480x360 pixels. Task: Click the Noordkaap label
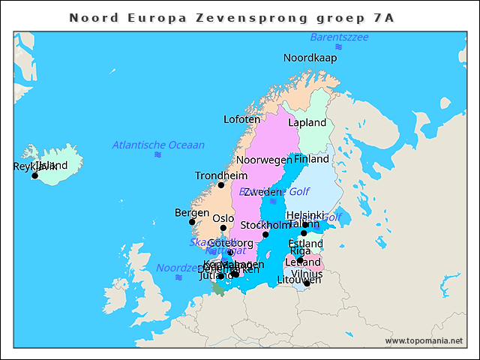click(310, 58)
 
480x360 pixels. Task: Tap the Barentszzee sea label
click(339, 37)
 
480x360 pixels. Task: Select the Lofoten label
click(242, 119)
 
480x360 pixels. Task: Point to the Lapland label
click(307, 122)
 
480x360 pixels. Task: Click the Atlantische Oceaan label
click(158, 145)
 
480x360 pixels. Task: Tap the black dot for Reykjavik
click(34, 176)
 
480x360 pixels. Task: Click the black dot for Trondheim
click(220, 185)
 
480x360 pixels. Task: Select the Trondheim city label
click(216, 175)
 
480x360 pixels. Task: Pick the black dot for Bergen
click(192, 222)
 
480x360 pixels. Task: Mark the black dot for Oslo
click(223, 228)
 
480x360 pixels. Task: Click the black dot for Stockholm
click(265, 235)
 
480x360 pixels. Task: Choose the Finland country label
click(312, 159)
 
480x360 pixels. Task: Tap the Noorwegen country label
click(264, 160)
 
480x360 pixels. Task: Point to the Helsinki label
click(305, 214)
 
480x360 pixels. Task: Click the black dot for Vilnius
click(307, 283)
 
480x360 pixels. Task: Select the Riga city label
click(300, 251)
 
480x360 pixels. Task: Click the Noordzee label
click(177, 268)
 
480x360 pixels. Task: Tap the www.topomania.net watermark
click(424, 341)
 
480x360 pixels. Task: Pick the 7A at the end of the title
click(384, 17)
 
